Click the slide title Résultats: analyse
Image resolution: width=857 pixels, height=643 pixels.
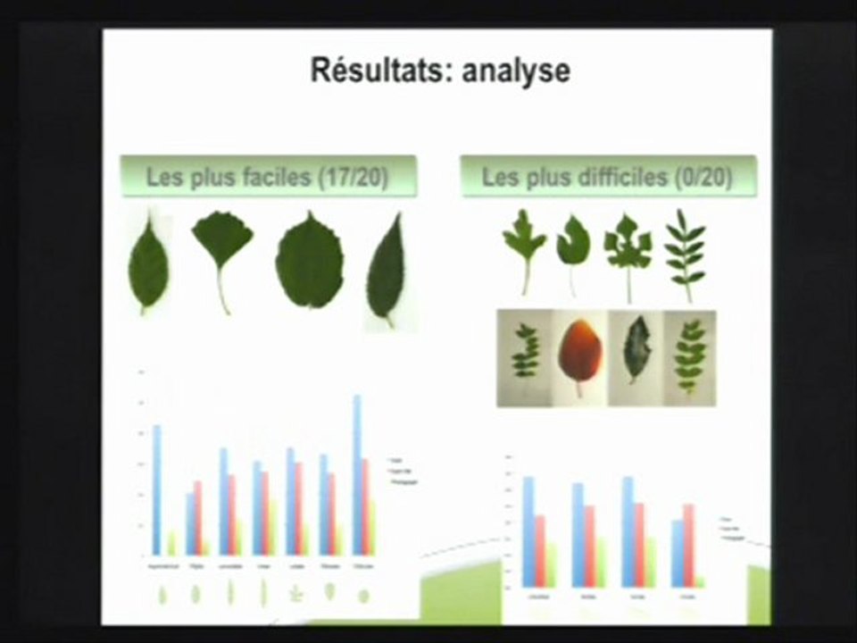[439, 70]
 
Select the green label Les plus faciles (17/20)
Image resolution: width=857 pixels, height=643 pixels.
[268, 177]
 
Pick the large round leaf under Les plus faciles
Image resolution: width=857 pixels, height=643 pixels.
[309, 261]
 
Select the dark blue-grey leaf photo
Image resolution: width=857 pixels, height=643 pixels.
[635, 353]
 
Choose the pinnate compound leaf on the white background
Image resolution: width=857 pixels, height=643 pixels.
[686, 255]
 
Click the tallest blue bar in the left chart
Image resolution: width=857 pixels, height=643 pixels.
[357, 473]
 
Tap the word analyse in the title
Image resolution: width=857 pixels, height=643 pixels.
[515, 71]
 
